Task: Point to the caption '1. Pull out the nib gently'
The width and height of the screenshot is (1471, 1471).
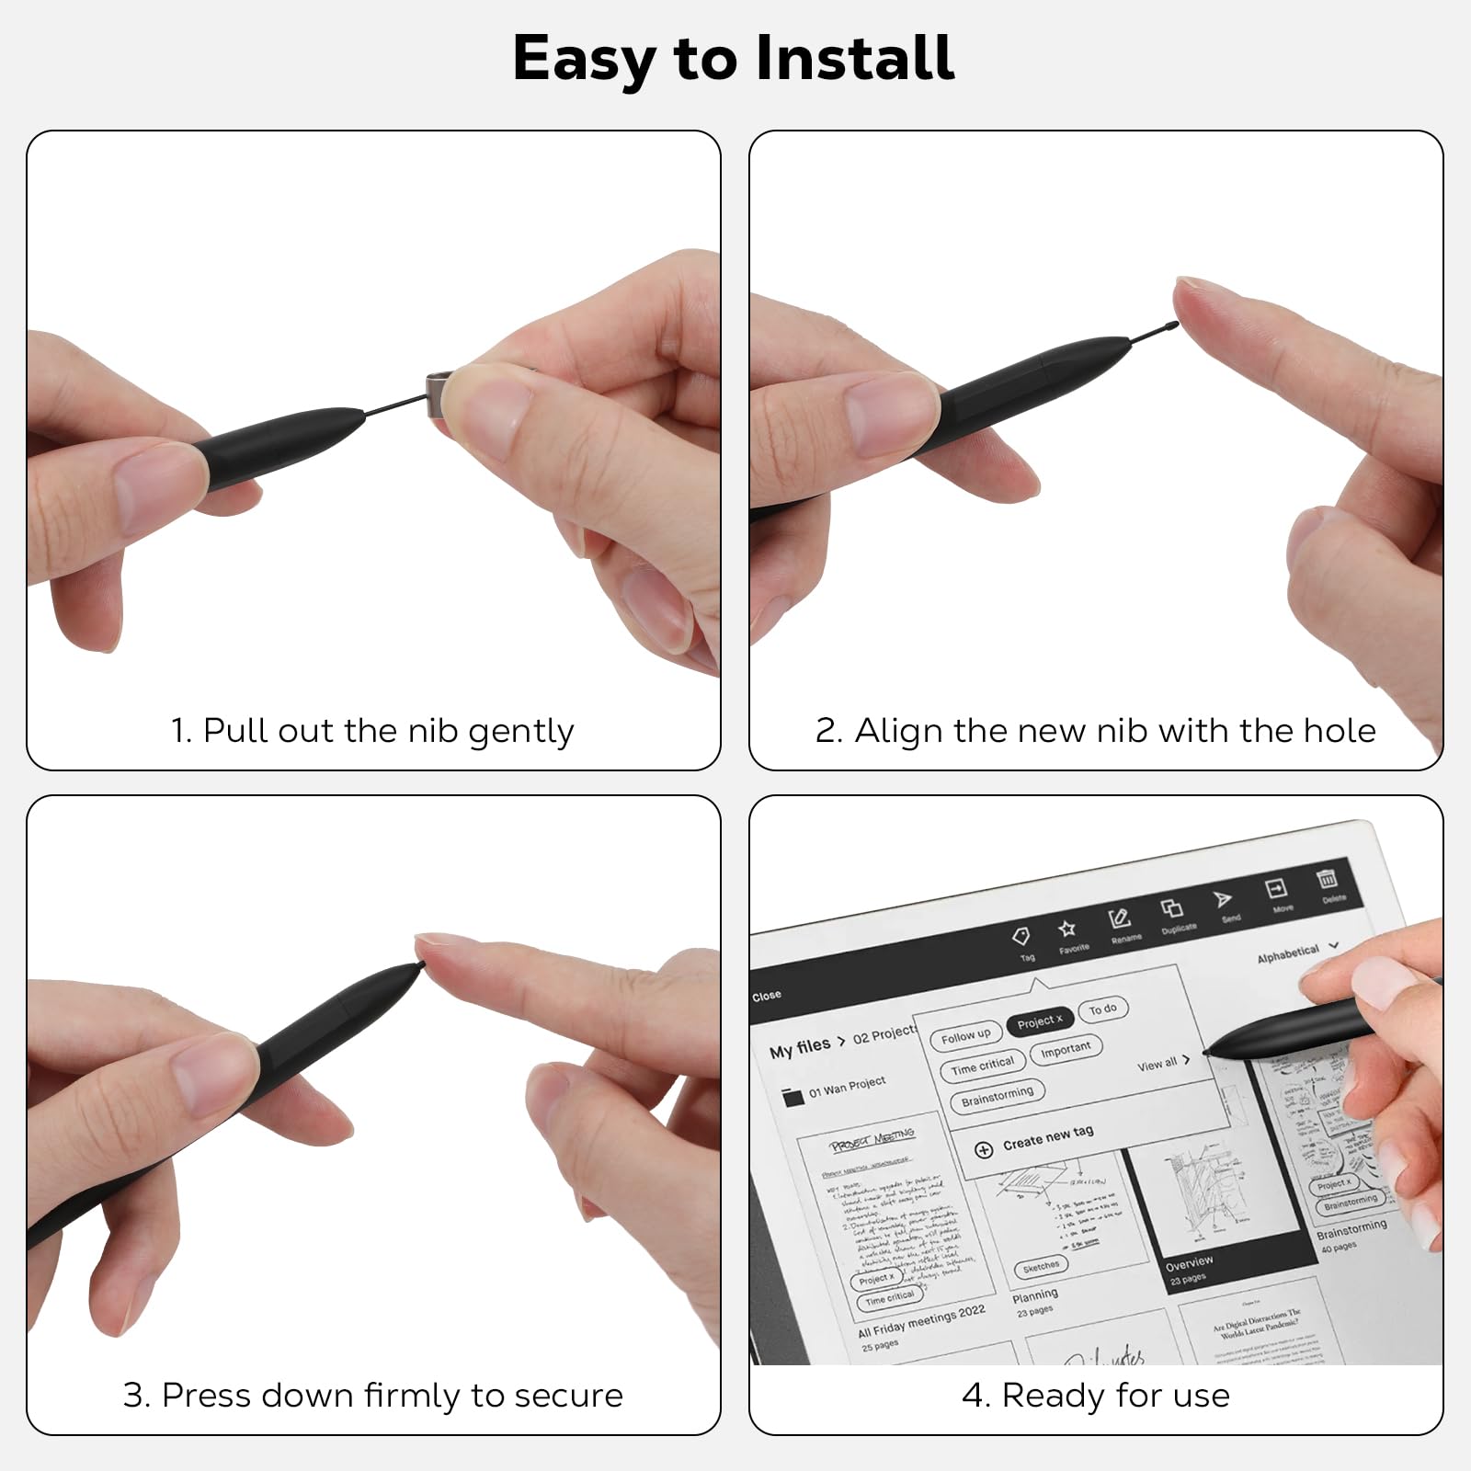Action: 372,731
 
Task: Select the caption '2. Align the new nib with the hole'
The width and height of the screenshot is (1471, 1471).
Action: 1095,731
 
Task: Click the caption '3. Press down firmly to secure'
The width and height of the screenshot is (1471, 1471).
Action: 372,1396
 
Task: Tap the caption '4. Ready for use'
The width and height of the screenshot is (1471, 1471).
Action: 1095,1396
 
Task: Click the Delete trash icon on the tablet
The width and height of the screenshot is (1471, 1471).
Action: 1326,879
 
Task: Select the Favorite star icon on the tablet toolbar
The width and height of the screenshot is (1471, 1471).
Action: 1067,929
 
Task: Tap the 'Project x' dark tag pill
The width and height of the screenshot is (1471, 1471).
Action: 1039,1021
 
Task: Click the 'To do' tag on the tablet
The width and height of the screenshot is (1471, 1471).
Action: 1102,1009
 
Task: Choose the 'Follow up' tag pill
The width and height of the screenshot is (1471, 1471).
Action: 965,1035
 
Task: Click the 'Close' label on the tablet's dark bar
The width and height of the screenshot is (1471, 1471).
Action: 767,996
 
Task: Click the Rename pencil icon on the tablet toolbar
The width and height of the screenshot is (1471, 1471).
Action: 1119,918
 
